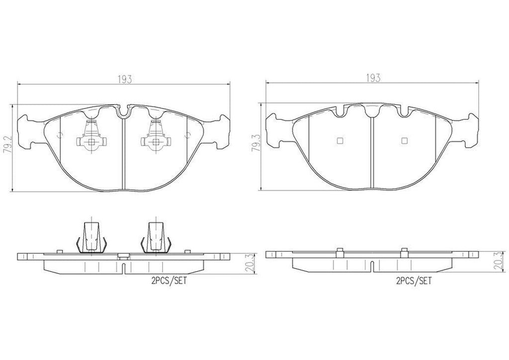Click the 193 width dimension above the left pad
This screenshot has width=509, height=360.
(123, 79)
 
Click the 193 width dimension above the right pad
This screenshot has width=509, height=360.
(373, 78)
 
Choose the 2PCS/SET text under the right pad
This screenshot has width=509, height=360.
(414, 281)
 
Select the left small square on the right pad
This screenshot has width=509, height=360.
(340, 140)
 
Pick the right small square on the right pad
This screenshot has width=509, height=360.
(404, 140)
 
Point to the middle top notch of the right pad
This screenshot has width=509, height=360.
(372, 112)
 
